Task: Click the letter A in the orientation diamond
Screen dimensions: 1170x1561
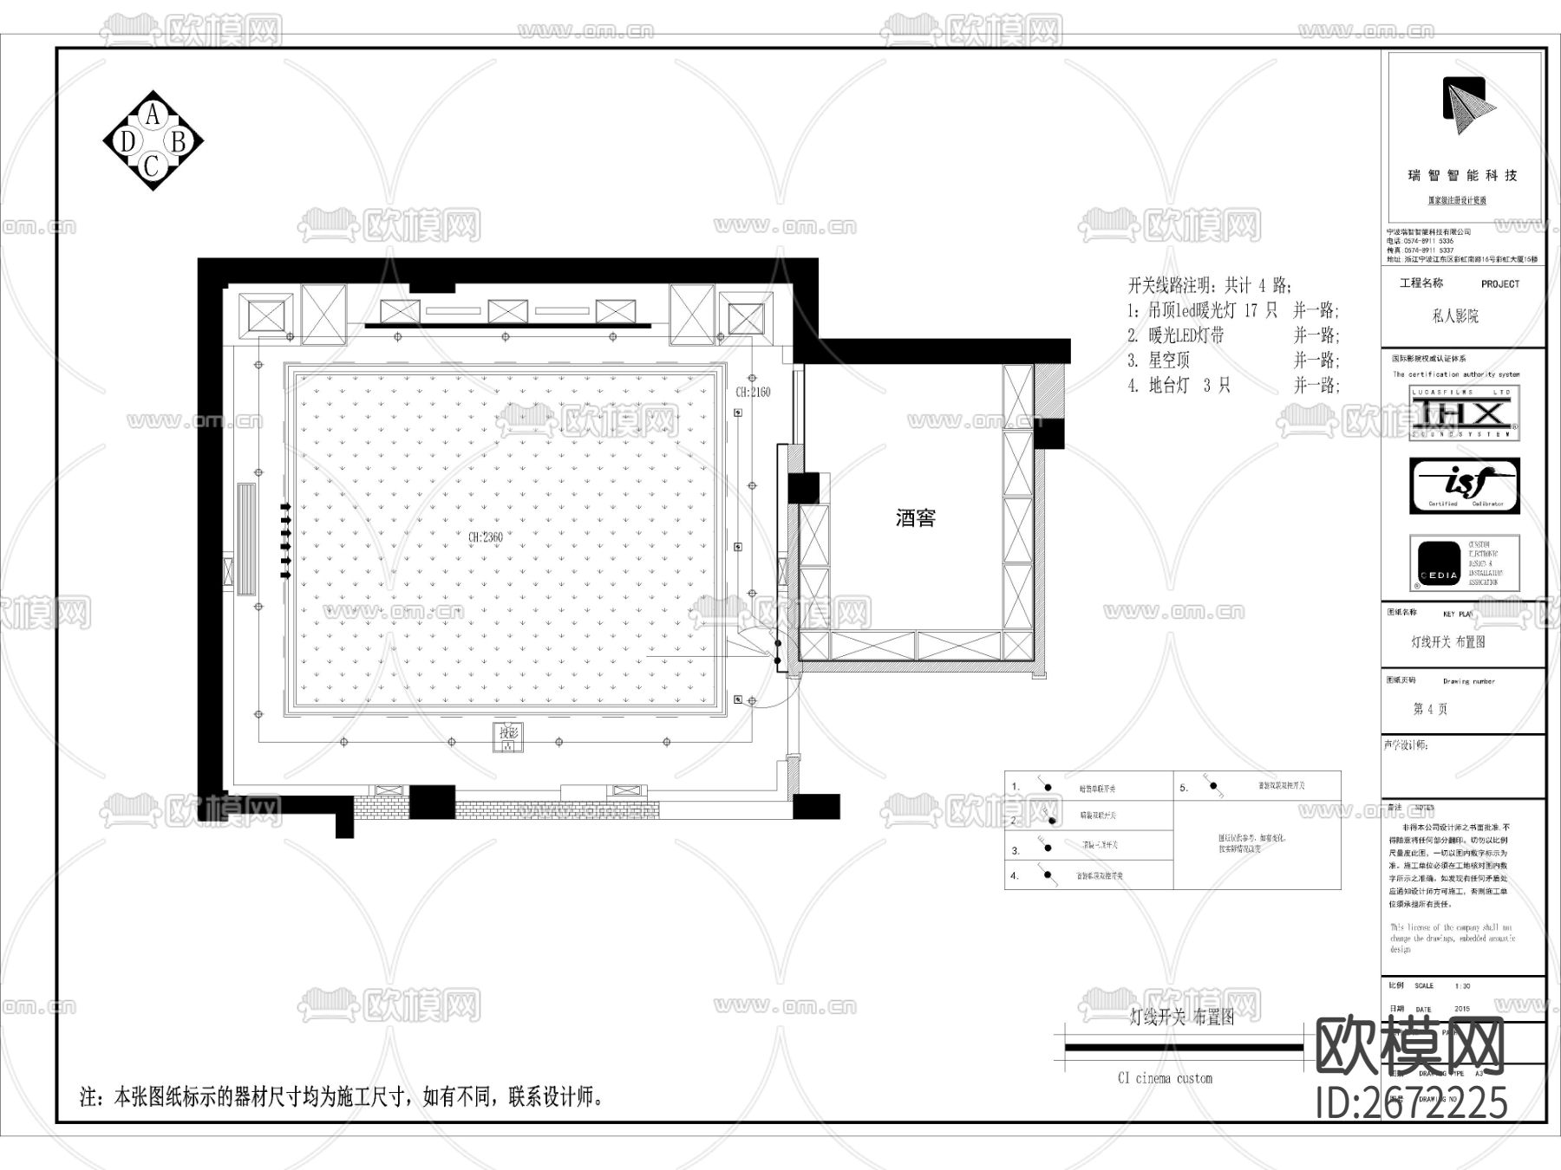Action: coord(153,114)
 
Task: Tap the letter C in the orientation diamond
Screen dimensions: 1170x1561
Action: coord(153,166)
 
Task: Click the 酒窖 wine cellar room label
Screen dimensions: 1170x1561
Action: coord(915,518)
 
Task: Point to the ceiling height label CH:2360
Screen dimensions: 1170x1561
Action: coord(486,537)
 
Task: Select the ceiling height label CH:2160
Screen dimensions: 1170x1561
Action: coord(753,392)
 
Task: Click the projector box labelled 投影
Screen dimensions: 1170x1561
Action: coord(508,738)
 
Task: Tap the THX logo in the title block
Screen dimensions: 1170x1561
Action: coord(1464,413)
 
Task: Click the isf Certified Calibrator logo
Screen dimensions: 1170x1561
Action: coord(1464,485)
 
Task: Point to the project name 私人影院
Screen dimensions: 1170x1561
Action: coord(1455,316)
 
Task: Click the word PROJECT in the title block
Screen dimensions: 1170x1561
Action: coord(1500,284)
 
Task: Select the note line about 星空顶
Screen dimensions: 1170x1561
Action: coord(1232,360)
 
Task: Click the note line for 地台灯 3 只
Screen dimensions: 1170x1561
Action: coord(1232,385)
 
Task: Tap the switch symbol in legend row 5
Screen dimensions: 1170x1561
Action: coord(1213,788)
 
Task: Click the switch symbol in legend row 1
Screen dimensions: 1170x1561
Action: coord(1047,787)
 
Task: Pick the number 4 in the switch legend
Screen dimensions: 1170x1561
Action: coord(1014,876)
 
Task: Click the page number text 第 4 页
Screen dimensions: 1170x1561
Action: coord(1431,709)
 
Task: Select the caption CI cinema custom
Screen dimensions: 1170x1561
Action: coord(1165,1078)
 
